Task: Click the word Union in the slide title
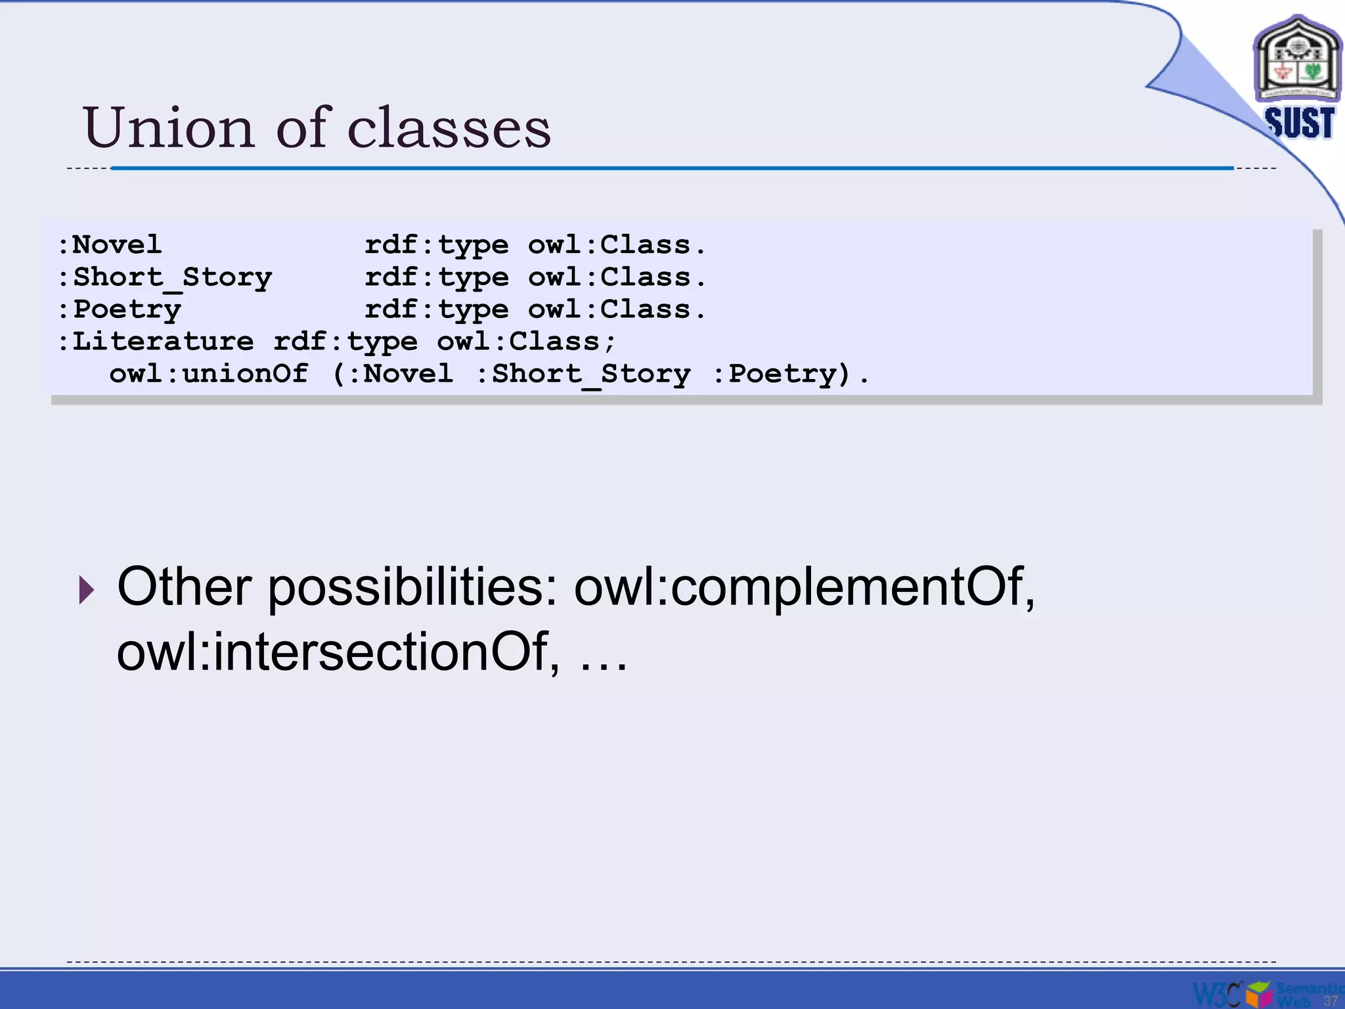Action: [169, 127]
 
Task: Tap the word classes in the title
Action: [449, 127]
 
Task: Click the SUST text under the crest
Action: [1299, 123]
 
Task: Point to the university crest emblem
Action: [1297, 60]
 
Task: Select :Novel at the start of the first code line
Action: [110, 245]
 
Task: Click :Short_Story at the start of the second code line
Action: [165, 277]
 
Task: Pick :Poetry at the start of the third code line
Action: [120, 309]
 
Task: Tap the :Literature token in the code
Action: [156, 342]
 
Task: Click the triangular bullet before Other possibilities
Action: [87, 589]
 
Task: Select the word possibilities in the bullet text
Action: [413, 587]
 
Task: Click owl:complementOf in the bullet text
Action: [804, 587]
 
